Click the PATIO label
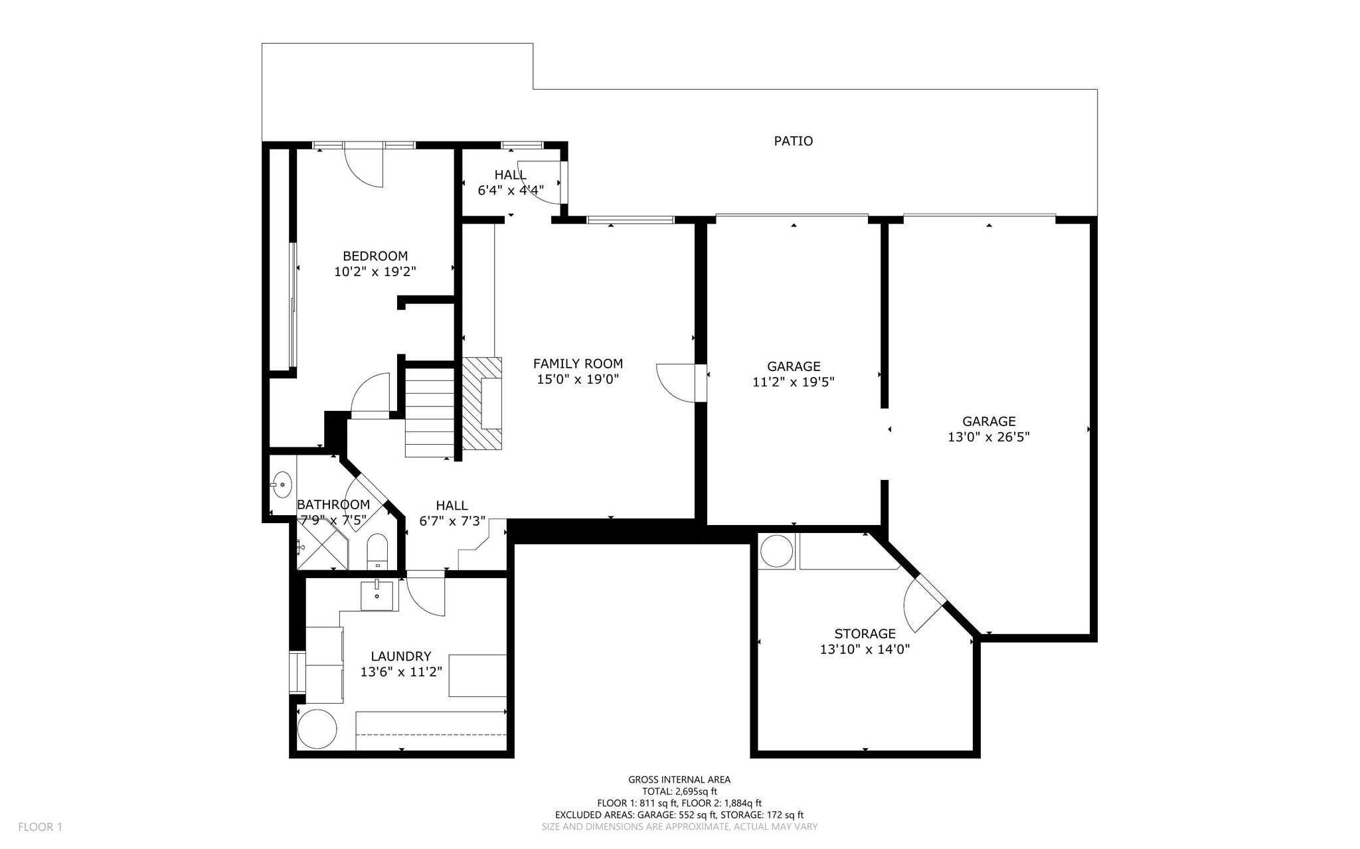tap(794, 141)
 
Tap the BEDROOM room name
tap(375, 256)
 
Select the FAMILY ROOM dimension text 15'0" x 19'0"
tap(578, 379)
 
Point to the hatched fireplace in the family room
tap(482, 402)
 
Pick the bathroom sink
tap(282, 485)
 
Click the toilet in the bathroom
tap(377, 550)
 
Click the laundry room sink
tap(377, 595)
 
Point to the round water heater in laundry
tap(317, 730)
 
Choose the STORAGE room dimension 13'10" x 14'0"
tap(865, 649)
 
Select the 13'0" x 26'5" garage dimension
tap(989, 437)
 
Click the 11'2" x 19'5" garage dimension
tap(794, 382)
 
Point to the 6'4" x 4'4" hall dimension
tap(511, 190)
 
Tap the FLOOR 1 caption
tap(40, 827)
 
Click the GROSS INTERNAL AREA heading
tap(679, 780)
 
